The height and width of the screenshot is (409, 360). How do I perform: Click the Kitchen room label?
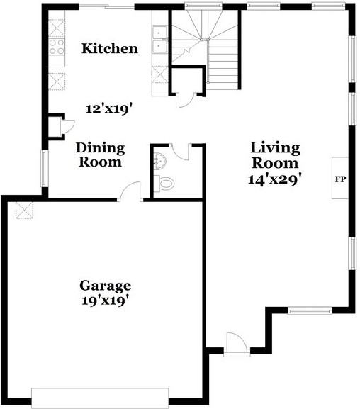click(x=110, y=48)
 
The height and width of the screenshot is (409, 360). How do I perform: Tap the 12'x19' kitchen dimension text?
click(x=108, y=108)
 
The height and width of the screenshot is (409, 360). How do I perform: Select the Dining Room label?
click(x=100, y=155)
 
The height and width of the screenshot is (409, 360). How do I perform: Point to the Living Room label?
click(x=275, y=155)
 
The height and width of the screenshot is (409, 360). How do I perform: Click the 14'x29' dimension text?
click(x=275, y=179)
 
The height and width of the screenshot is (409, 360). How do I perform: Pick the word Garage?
click(x=105, y=286)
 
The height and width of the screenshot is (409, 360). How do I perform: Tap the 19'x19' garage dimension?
click(x=106, y=301)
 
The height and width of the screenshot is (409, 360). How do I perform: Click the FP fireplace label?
click(x=340, y=179)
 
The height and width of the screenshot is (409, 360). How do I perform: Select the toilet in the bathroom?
click(x=164, y=184)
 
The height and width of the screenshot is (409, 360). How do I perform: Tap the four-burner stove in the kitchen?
click(x=57, y=47)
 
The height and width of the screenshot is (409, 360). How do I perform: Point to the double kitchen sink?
click(x=159, y=40)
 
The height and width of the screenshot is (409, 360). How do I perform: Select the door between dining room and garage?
click(x=130, y=191)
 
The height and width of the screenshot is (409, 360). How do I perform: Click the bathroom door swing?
click(x=181, y=152)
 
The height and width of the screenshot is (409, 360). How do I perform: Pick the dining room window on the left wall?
click(x=45, y=169)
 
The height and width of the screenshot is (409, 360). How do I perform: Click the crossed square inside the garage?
click(x=24, y=211)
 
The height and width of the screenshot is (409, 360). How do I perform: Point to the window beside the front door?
click(x=310, y=310)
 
